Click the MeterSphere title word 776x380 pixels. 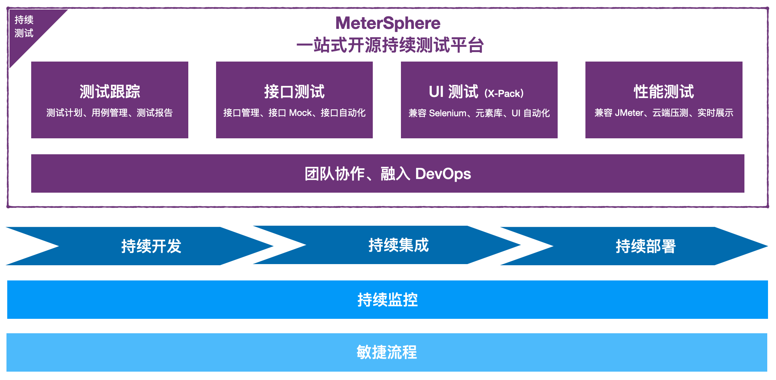(388, 23)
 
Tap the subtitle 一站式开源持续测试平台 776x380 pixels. (390, 45)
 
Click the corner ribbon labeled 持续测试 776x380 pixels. (24, 27)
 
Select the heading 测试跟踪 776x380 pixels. (110, 92)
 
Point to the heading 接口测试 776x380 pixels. (294, 92)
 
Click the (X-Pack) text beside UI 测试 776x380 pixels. (504, 93)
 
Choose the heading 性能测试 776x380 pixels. (664, 92)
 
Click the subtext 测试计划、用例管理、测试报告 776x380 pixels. (110, 113)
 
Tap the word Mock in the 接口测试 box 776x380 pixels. (300, 113)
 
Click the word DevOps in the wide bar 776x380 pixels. (443, 174)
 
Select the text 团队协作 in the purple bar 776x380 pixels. (335, 174)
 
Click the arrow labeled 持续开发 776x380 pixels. (151, 246)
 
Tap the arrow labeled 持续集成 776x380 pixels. (398, 245)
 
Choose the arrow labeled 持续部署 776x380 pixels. (646, 246)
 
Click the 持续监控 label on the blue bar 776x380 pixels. (388, 300)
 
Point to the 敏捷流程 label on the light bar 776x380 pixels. (387, 352)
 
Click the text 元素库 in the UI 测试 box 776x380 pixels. (489, 113)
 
